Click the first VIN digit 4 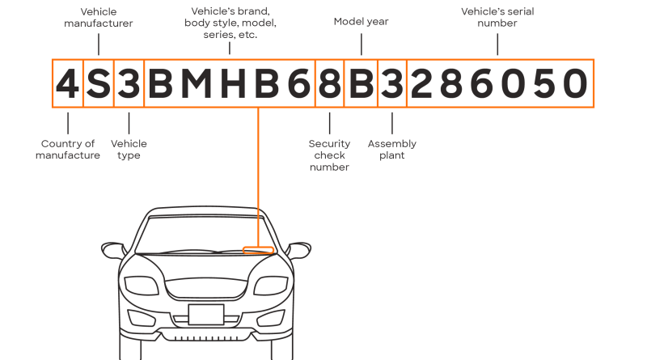coord(68,84)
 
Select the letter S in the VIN coord(99,84)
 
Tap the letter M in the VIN coord(197,84)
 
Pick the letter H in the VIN coord(233,84)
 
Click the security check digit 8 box coord(330,83)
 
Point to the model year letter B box coord(361,83)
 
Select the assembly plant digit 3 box coord(392,83)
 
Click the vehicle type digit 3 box coord(129,83)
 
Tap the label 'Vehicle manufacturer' coord(99,17)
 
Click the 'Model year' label coord(361,22)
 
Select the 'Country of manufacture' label coord(68,150)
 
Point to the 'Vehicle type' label coord(129,150)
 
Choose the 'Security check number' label coord(329,155)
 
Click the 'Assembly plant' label coord(392,150)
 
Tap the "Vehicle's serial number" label coord(497,17)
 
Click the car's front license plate coord(206,315)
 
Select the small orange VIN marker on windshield coord(258,250)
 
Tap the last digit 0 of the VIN coord(575,84)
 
